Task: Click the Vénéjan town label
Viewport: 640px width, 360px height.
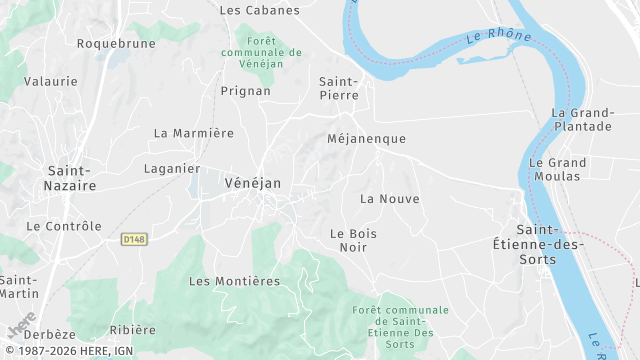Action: tap(253, 183)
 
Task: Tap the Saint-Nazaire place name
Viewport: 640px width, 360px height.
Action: tap(71, 178)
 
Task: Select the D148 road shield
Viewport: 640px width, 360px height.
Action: tap(133, 239)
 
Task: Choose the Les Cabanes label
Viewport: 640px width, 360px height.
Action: tap(259, 10)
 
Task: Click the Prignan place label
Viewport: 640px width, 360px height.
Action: tap(246, 91)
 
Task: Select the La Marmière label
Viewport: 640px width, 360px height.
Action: tap(193, 133)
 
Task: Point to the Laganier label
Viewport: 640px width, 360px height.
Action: tap(172, 168)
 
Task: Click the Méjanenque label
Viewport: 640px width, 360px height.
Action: tap(366, 139)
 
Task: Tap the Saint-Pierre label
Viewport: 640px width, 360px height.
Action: tap(338, 88)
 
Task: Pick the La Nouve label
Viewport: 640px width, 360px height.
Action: tap(389, 199)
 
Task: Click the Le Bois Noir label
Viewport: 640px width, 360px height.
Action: tap(353, 240)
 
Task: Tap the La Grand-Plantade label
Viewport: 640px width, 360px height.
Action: tap(581, 120)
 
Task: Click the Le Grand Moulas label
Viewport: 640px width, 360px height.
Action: tap(557, 169)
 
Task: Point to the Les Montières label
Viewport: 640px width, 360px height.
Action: tap(234, 281)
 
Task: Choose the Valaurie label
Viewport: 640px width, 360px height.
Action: tap(50, 80)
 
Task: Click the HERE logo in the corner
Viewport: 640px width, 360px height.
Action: tap(21, 325)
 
